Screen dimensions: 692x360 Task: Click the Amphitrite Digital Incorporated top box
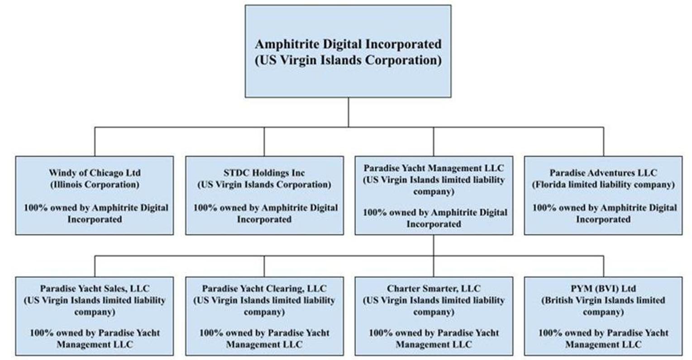pyautogui.click(x=348, y=51)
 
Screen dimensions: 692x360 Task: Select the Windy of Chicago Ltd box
pyautogui.click(x=95, y=195)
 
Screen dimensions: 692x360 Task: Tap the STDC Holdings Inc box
pyautogui.click(x=264, y=195)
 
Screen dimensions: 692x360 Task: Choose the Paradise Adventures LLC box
pyautogui.click(x=603, y=195)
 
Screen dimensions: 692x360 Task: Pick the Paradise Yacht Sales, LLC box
pyautogui.click(x=95, y=316)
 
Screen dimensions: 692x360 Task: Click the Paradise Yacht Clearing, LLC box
pyautogui.click(x=264, y=316)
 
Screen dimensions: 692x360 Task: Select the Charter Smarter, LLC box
pyautogui.click(x=434, y=316)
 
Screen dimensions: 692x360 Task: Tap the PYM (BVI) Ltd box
pyautogui.click(x=603, y=316)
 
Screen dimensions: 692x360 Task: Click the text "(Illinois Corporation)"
pyautogui.click(x=95, y=185)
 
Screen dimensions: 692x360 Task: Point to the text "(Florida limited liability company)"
pyautogui.click(x=603, y=185)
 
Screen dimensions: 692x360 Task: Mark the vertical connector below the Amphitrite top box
pyautogui.click(x=348, y=112)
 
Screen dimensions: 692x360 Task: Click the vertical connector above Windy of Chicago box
pyautogui.click(x=95, y=142)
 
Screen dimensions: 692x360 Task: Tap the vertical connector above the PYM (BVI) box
pyautogui.click(x=604, y=266)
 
